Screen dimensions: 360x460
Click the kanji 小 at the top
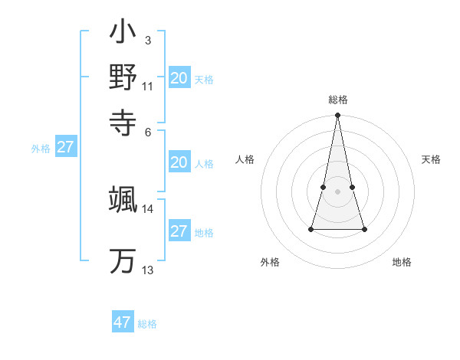[x=123, y=33]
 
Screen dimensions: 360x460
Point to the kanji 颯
[x=123, y=199]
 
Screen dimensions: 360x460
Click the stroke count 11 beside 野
[x=147, y=86]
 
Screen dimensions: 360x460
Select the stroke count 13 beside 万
[x=147, y=270]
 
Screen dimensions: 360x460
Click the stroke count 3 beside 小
[x=147, y=40]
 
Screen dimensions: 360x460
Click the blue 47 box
[x=123, y=322]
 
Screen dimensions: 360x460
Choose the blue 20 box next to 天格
[x=179, y=78]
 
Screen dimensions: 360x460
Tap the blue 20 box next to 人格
[x=179, y=162]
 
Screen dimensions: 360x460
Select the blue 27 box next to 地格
[x=179, y=231]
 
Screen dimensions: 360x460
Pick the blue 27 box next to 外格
[x=65, y=147]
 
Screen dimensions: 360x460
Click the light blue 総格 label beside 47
[x=147, y=324]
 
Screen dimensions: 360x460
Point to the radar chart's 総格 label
[x=337, y=100]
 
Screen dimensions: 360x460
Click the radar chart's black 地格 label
[x=402, y=262]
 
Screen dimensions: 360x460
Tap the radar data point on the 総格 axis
[x=337, y=116]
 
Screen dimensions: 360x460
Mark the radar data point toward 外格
[x=311, y=229]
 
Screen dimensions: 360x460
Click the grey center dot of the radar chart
[x=337, y=191]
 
